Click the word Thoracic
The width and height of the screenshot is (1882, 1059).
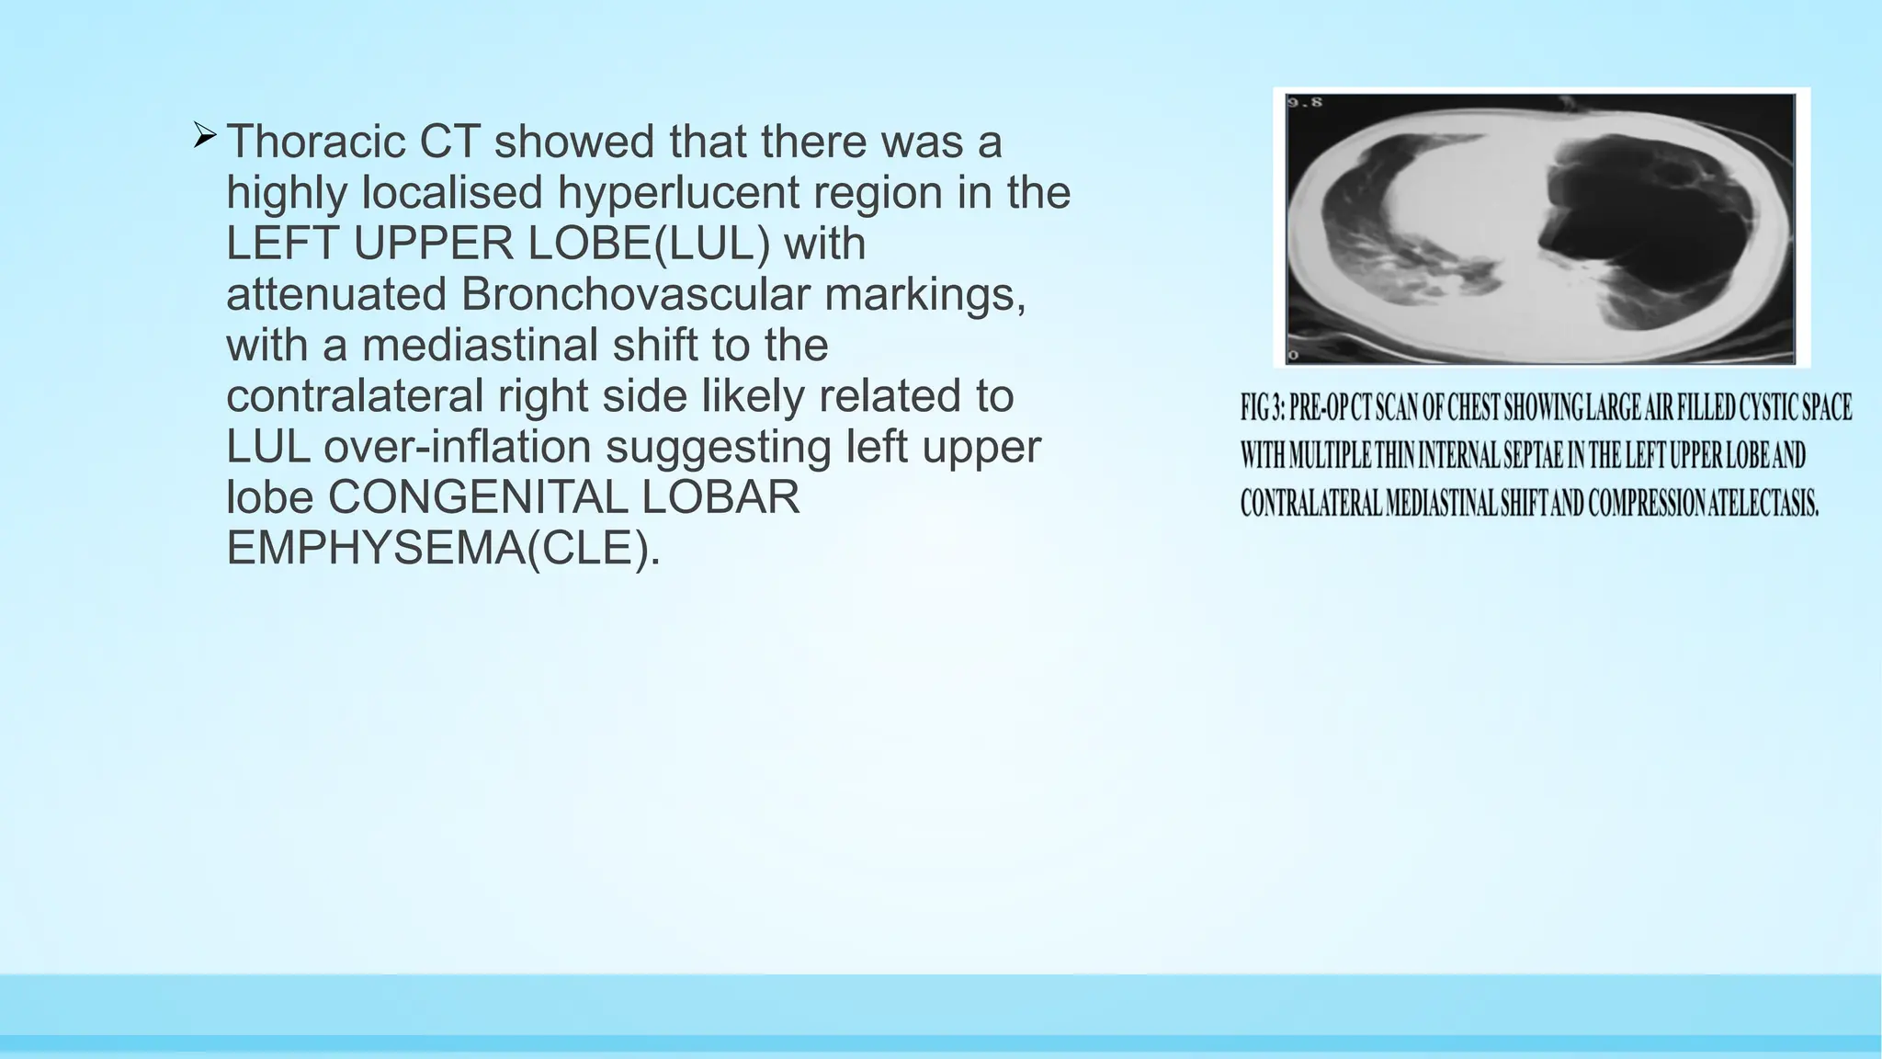pyautogui.click(x=316, y=142)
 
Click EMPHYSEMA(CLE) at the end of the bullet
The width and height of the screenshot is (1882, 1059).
pyautogui.click(x=442, y=549)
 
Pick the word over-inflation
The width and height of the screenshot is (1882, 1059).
pyautogui.click(x=458, y=448)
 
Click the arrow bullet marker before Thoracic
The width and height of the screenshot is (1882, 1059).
pyautogui.click(x=204, y=138)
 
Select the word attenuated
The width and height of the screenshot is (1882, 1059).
pyautogui.click(x=336, y=295)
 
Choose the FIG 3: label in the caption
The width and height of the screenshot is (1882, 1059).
pyautogui.click(x=1262, y=407)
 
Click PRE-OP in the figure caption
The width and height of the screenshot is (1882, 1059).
pyautogui.click(x=1319, y=407)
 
